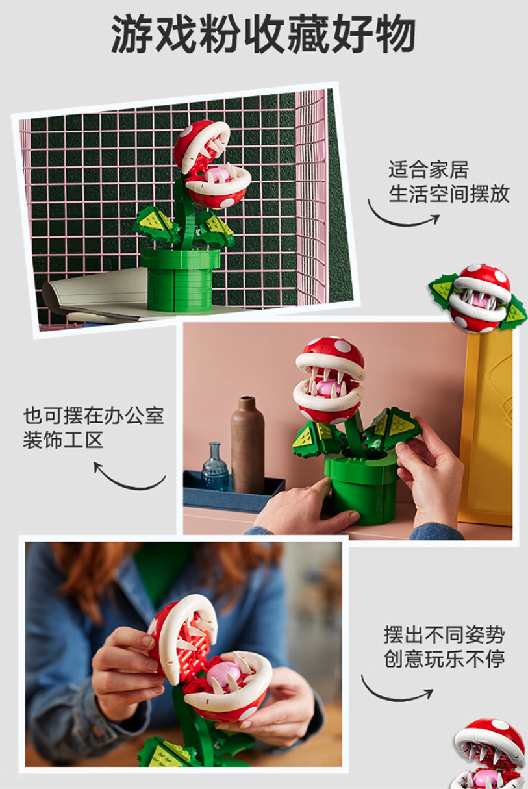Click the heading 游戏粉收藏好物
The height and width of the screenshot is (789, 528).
(264, 34)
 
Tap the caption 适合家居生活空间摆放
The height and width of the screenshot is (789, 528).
(449, 181)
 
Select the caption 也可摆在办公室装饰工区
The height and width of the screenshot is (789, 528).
(94, 428)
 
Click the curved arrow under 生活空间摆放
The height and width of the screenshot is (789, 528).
(401, 223)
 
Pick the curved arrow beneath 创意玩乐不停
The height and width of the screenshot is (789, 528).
(394, 699)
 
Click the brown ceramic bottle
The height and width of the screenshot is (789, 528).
(247, 445)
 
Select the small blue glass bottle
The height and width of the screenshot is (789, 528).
(215, 467)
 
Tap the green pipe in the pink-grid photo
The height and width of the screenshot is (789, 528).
(180, 279)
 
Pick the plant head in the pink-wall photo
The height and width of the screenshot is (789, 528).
(329, 381)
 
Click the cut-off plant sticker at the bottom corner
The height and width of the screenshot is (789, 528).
(490, 754)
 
